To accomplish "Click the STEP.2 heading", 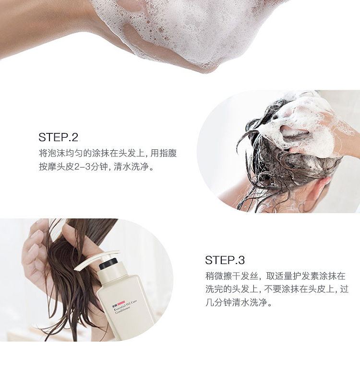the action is click(58, 137).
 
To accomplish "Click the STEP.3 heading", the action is click(225, 260).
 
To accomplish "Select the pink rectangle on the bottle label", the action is click(121, 302).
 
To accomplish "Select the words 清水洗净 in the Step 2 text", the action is click(131, 167).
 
